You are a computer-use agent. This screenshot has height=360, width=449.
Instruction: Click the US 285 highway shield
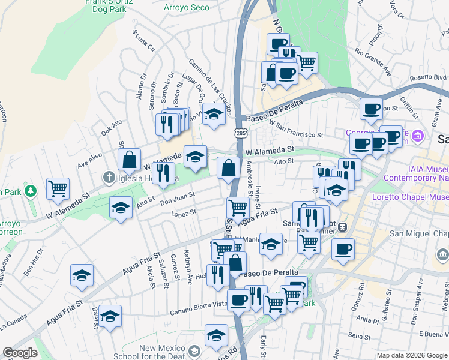[x=240, y=132]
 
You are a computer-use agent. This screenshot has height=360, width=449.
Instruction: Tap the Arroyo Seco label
[x=187, y=8]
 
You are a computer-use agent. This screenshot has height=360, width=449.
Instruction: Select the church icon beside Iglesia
[x=108, y=176]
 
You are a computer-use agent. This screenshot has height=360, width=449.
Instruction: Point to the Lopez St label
[x=184, y=213]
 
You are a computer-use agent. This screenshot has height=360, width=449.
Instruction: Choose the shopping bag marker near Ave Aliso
[x=129, y=160]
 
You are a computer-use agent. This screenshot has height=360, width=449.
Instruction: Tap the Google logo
[x=20, y=353]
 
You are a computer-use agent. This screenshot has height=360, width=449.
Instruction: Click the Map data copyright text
[x=411, y=355]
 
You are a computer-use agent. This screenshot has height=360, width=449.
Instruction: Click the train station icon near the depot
[x=342, y=227]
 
